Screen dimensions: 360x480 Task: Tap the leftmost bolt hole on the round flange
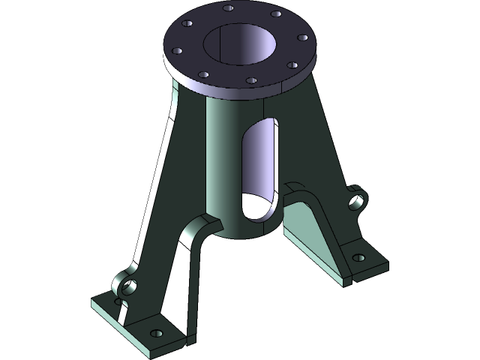pos(177,52)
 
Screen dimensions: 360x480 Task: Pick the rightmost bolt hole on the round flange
pos(303,36)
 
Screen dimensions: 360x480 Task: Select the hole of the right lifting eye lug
pos(358,200)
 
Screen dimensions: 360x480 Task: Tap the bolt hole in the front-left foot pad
pos(156,333)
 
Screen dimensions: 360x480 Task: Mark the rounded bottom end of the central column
pos(247,229)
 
